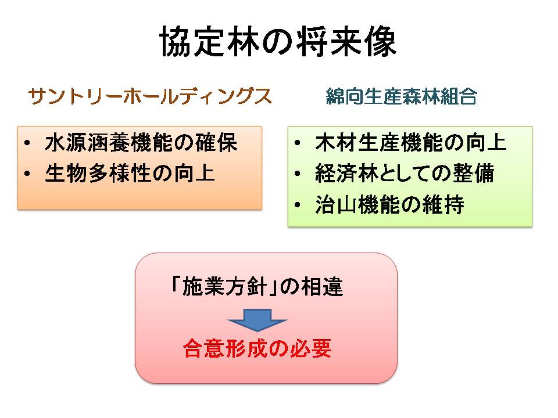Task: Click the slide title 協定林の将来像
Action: point(278,42)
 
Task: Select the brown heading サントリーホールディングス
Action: point(150,96)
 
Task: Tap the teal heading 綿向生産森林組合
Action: point(402,96)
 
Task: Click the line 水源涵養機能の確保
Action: point(141,143)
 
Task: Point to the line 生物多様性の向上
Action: point(130,174)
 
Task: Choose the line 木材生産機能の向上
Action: point(411,143)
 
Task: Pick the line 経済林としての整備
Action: point(405,174)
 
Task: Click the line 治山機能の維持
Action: point(389,205)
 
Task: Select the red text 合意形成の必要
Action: point(257,348)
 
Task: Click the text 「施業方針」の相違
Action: point(257,286)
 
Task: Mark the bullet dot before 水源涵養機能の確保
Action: point(27,143)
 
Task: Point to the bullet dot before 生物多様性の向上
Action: point(27,174)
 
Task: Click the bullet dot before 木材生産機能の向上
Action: point(298,143)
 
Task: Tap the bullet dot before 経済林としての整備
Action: point(298,174)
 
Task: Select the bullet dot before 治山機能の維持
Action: point(298,206)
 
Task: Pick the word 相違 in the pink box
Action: point(322,286)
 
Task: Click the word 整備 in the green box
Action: point(474,174)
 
